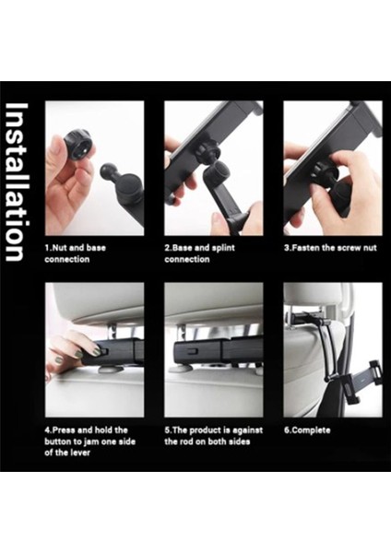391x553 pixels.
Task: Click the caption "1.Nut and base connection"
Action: pos(76,253)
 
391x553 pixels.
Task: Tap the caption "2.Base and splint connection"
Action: pos(199,253)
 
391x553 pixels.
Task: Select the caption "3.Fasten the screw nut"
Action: pos(330,248)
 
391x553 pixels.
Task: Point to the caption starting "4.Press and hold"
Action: pos(90,441)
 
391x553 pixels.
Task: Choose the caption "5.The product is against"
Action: pos(214,436)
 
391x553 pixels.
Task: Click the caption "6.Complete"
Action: pos(307,430)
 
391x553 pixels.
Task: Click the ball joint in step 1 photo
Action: pos(110,173)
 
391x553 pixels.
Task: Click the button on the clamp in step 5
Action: pos(192,352)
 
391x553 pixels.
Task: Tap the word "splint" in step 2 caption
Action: pos(222,248)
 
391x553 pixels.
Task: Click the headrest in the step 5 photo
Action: pos(214,300)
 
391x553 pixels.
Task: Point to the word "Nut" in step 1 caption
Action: pos(60,248)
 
